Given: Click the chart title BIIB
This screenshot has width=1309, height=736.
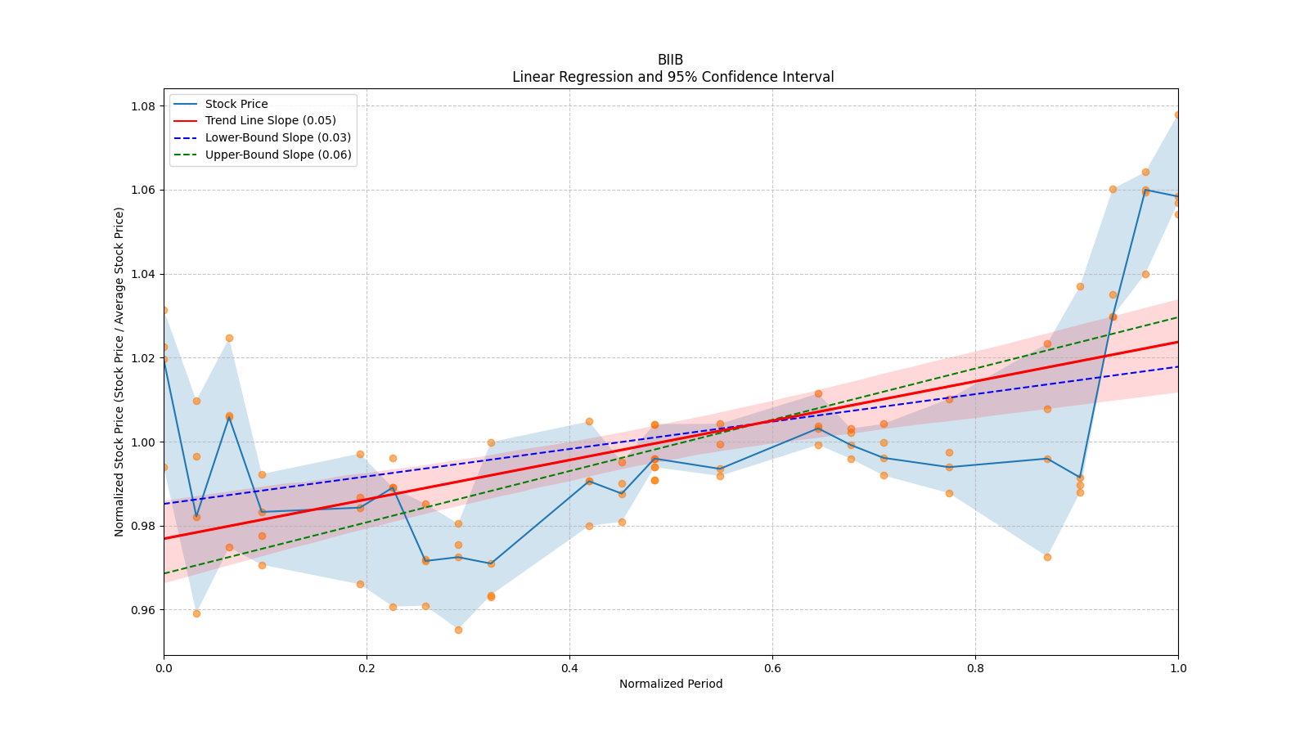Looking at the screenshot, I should coord(670,60).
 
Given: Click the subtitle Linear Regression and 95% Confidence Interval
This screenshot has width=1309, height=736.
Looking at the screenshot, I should coord(672,77).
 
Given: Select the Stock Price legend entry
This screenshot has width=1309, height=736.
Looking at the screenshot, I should coord(236,104).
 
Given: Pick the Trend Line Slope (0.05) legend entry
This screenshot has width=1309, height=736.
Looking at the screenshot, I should coord(270,120).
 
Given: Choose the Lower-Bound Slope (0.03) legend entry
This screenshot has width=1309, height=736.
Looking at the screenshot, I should coord(277,137).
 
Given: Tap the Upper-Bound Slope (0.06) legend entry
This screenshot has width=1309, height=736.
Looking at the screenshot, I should coord(278,155).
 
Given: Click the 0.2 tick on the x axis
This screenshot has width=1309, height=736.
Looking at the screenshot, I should coord(367,668).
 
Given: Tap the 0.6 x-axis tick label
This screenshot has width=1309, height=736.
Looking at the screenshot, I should coord(772,668).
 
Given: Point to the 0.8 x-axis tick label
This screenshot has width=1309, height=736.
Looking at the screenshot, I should coord(975,668).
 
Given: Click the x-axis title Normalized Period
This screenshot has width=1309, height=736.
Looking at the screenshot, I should coord(671,684).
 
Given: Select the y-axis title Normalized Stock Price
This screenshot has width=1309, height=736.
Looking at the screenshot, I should coord(119,371).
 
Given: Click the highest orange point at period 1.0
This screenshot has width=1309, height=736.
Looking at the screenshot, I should coord(1177,115).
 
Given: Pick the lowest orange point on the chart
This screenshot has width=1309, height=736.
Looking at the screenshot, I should coord(458,630).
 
